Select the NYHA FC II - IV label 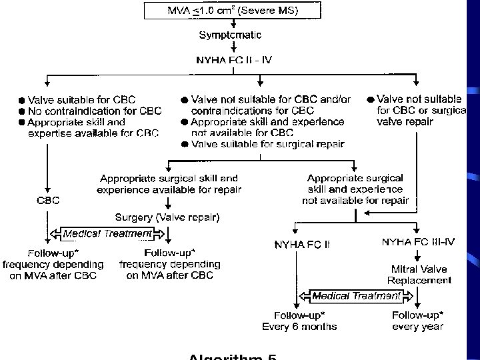(233, 59)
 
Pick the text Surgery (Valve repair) (167, 217)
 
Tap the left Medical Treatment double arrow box (108, 233)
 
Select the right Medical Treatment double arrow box (357, 295)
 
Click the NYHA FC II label (302, 244)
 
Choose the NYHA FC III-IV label (418, 241)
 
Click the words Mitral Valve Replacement (418, 275)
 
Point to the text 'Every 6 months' (299, 326)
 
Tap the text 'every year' (417, 326)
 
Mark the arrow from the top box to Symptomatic (233, 23)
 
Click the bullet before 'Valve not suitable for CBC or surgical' (369, 99)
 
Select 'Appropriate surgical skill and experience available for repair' (169, 184)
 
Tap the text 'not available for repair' (355, 200)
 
